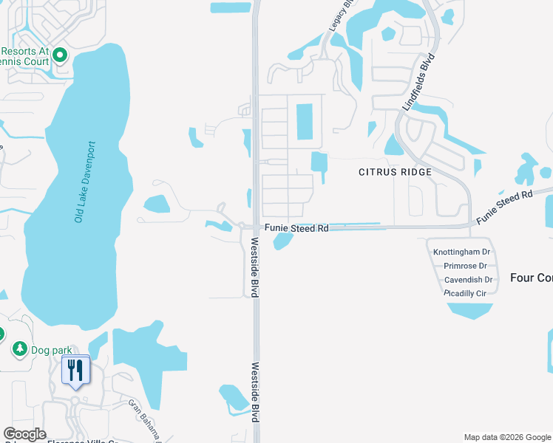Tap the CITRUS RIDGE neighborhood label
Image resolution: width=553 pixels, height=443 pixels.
(x=395, y=171)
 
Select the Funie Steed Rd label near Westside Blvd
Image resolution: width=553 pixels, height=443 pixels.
(x=296, y=229)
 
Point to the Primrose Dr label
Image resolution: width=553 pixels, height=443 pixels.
(x=466, y=266)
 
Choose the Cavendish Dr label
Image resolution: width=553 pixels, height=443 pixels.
(x=468, y=280)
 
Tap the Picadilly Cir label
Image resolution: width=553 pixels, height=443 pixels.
(x=465, y=293)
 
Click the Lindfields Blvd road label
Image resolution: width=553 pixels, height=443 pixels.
(x=415, y=82)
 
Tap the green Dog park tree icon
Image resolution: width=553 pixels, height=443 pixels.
(x=19, y=348)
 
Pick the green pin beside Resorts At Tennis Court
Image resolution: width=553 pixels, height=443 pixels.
(x=60, y=55)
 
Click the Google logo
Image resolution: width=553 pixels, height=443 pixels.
(x=24, y=434)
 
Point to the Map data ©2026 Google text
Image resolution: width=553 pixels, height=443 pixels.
(x=507, y=437)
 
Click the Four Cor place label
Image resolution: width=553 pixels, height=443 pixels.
(x=531, y=278)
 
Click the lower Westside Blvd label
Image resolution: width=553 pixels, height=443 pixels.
(x=254, y=391)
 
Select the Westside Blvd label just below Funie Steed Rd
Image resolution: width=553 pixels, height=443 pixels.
(x=254, y=267)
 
